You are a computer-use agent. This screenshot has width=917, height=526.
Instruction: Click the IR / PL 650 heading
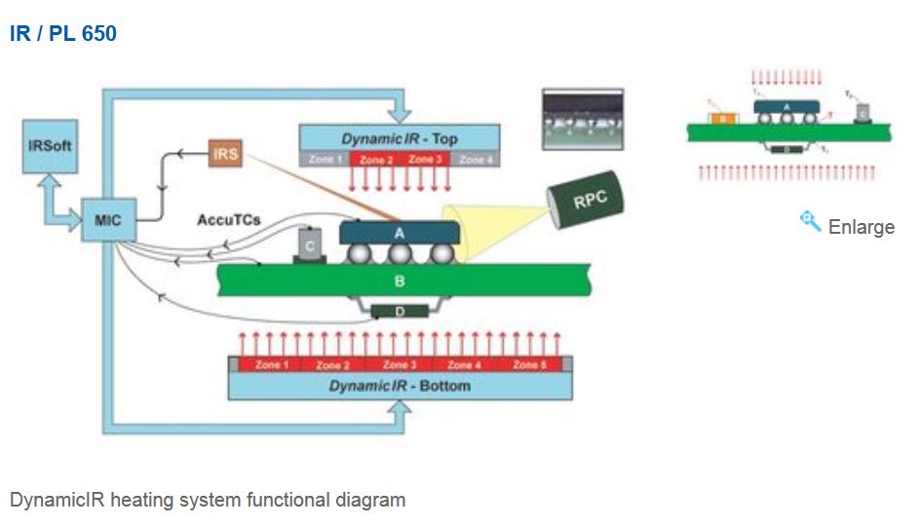[x=63, y=34]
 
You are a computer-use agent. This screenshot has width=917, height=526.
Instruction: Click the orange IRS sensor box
[x=224, y=154]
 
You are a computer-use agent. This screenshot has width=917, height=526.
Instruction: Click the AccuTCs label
[x=228, y=220]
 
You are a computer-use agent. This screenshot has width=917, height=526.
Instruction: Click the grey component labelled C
[x=310, y=244]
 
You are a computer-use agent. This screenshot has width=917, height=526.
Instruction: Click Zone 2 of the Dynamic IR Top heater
[x=375, y=160]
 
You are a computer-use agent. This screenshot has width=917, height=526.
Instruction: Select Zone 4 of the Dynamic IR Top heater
[x=476, y=160]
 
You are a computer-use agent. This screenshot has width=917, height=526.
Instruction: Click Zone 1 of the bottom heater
[x=271, y=365]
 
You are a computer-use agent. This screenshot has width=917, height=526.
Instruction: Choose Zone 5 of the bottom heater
[x=526, y=365]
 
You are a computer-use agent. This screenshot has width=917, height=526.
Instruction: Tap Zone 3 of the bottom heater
[x=397, y=365]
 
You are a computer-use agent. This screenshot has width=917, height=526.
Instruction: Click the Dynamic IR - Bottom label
[x=399, y=387]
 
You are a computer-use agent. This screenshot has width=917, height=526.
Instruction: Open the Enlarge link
[x=860, y=227]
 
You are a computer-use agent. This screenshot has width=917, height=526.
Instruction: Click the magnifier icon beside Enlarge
[x=810, y=222]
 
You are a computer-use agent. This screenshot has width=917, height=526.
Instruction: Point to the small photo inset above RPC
[x=582, y=120]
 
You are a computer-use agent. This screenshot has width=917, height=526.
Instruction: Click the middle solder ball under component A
[x=398, y=254]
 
